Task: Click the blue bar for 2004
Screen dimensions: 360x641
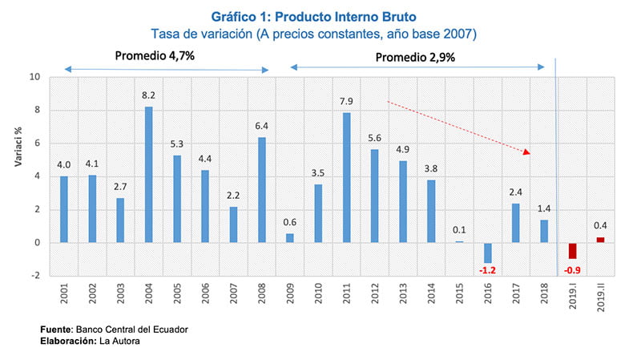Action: click(149, 175)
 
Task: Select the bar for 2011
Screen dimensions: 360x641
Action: click(347, 177)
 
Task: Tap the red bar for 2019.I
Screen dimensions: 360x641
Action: click(573, 250)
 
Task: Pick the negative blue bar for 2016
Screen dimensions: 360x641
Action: click(488, 253)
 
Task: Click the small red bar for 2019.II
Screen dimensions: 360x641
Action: click(601, 240)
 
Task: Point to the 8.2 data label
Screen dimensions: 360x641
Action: click(149, 95)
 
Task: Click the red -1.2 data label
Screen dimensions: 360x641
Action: click(488, 270)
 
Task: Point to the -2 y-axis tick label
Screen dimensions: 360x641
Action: click(34, 276)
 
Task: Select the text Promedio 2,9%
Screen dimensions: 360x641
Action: click(416, 57)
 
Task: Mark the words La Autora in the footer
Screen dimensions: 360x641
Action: click(121, 342)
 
